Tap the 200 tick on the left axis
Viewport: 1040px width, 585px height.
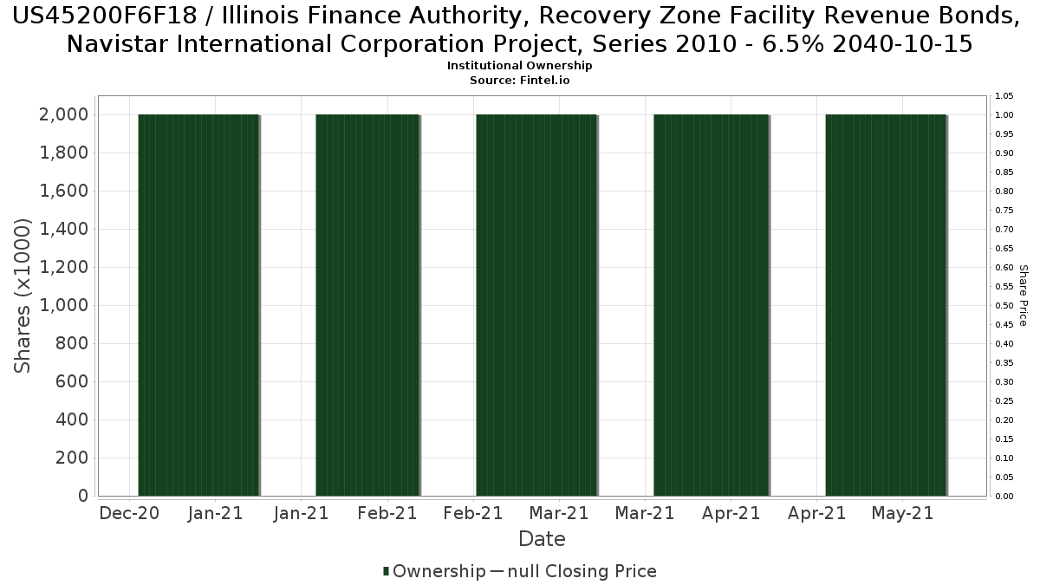point(73,458)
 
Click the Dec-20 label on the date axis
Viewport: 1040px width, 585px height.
point(129,513)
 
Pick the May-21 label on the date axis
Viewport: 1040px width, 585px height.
point(902,513)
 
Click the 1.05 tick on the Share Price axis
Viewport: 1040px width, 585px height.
point(1004,95)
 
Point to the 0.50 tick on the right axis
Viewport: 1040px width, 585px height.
point(1004,305)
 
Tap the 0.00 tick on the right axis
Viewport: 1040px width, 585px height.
point(1004,496)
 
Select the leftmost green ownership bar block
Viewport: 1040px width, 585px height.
point(198,305)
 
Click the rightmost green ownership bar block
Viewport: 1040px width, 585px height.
point(886,305)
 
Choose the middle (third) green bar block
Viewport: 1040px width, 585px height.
point(536,305)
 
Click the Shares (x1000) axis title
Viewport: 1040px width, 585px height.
point(23,296)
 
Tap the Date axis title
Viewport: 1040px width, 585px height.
point(542,539)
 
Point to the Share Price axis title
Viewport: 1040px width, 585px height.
point(1024,296)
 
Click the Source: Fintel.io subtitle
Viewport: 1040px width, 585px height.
point(520,80)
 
